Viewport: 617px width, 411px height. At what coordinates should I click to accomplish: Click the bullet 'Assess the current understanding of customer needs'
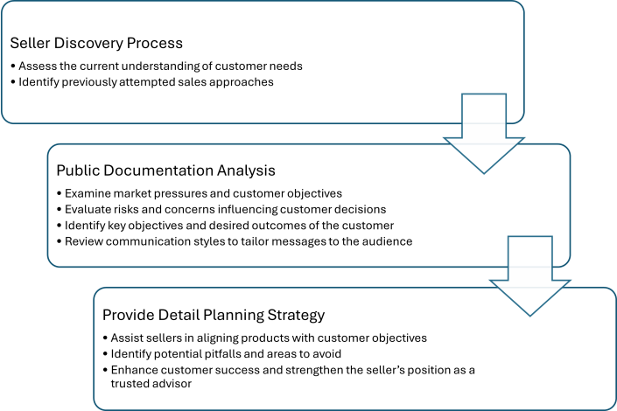163,66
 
